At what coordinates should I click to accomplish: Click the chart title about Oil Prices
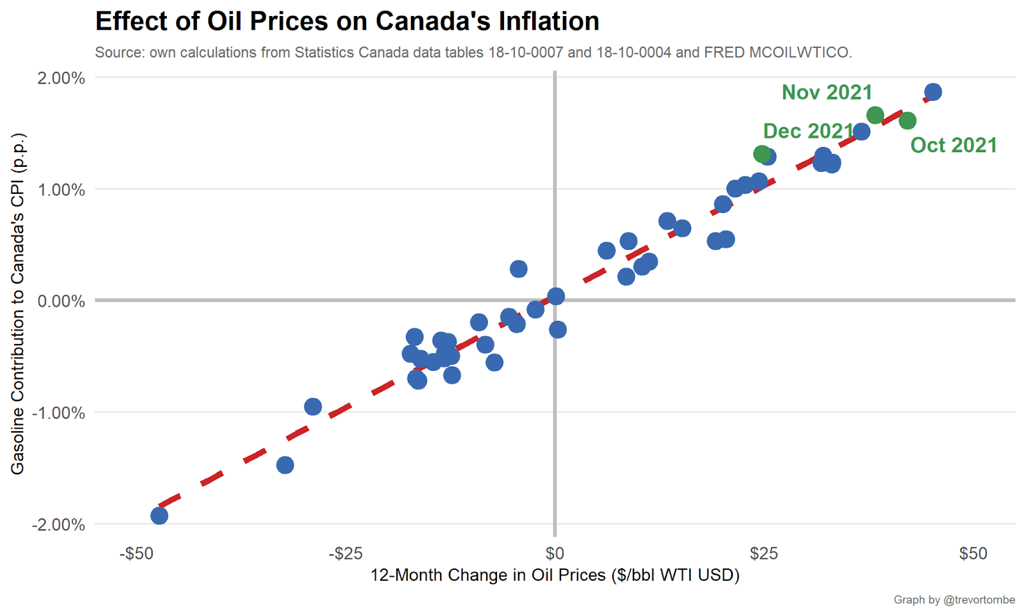pyautogui.click(x=347, y=21)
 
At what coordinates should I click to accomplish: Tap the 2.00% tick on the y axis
pyautogui.click(x=61, y=78)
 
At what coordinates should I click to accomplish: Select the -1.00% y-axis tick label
pyautogui.click(x=59, y=413)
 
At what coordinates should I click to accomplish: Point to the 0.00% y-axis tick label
pyautogui.click(x=61, y=301)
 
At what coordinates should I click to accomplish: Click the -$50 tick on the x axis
pyautogui.click(x=137, y=553)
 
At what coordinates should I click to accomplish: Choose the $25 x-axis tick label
pyautogui.click(x=764, y=553)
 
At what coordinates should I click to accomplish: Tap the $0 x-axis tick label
pyautogui.click(x=555, y=553)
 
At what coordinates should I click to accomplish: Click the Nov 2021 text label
pyautogui.click(x=827, y=92)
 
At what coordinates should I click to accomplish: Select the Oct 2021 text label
pyautogui.click(x=954, y=146)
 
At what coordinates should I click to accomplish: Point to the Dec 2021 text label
pyautogui.click(x=808, y=131)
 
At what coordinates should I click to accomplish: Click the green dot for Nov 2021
pyautogui.click(x=875, y=116)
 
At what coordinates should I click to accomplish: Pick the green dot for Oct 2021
pyautogui.click(x=907, y=121)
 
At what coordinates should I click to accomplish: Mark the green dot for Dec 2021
pyautogui.click(x=762, y=153)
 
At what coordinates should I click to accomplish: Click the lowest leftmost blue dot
pyautogui.click(x=159, y=515)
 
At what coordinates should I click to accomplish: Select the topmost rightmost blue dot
pyautogui.click(x=933, y=92)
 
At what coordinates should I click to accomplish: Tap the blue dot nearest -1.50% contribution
pyautogui.click(x=285, y=465)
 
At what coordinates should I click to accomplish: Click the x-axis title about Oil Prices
pyautogui.click(x=555, y=575)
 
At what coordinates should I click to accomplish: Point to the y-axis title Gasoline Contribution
pyautogui.click(x=17, y=304)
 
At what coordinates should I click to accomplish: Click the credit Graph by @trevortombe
pyautogui.click(x=954, y=600)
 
